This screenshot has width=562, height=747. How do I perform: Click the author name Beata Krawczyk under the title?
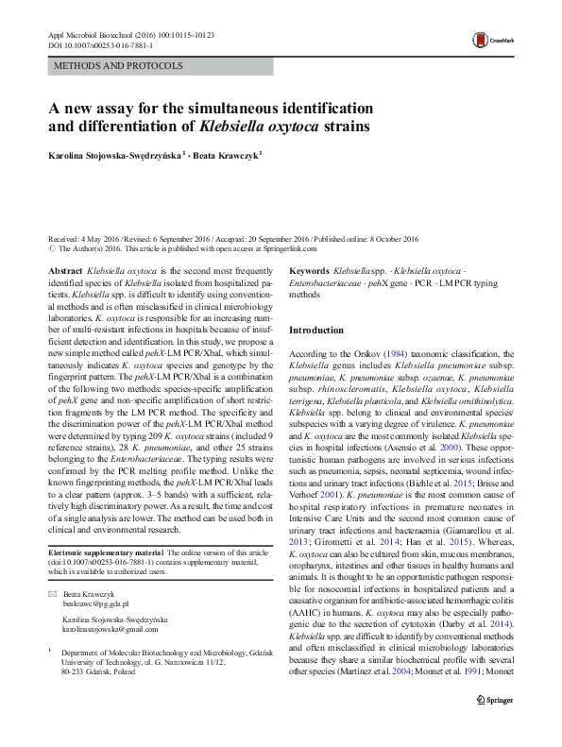click(228, 156)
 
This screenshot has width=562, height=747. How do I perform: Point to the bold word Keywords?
click(311, 270)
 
